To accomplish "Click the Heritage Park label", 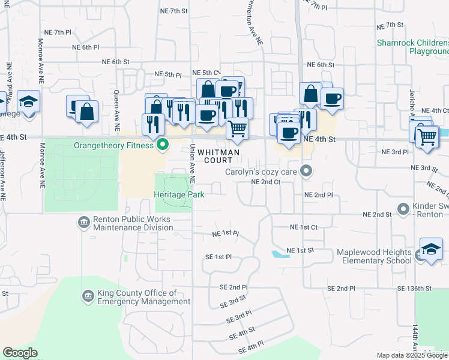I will (x=179, y=194).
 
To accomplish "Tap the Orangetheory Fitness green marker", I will (x=162, y=145).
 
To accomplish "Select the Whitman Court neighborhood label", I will (x=218, y=157).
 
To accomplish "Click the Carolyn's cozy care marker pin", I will (x=307, y=172).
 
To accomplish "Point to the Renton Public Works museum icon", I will (x=84, y=223).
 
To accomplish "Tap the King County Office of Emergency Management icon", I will (x=88, y=296).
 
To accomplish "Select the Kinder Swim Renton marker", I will (x=403, y=211).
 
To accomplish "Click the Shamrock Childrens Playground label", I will (x=412, y=47).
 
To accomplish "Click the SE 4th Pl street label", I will (x=252, y=347).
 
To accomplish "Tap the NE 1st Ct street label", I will (x=303, y=227).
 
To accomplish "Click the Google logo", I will (x=20, y=353).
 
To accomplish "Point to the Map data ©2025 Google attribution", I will (x=412, y=355).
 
